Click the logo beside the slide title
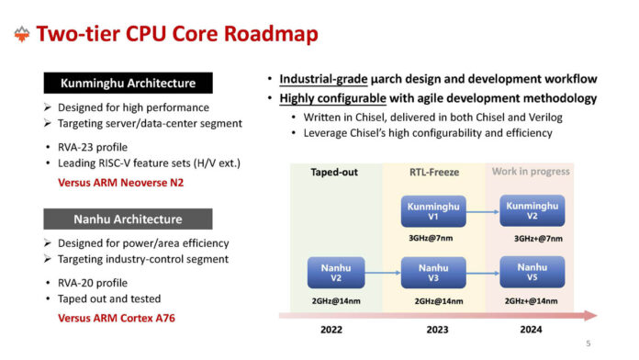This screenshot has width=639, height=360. click(x=21, y=35)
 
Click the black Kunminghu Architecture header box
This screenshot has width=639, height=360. click(x=128, y=84)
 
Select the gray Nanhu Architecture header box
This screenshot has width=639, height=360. click(x=128, y=219)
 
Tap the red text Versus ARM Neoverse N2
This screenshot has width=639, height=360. click(x=121, y=183)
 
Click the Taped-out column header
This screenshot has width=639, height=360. click(x=334, y=171)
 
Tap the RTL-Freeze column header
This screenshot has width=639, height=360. click(x=432, y=171)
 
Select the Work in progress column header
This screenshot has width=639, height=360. click(x=532, y=171)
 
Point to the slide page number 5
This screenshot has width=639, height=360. click(x=589, y=343)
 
